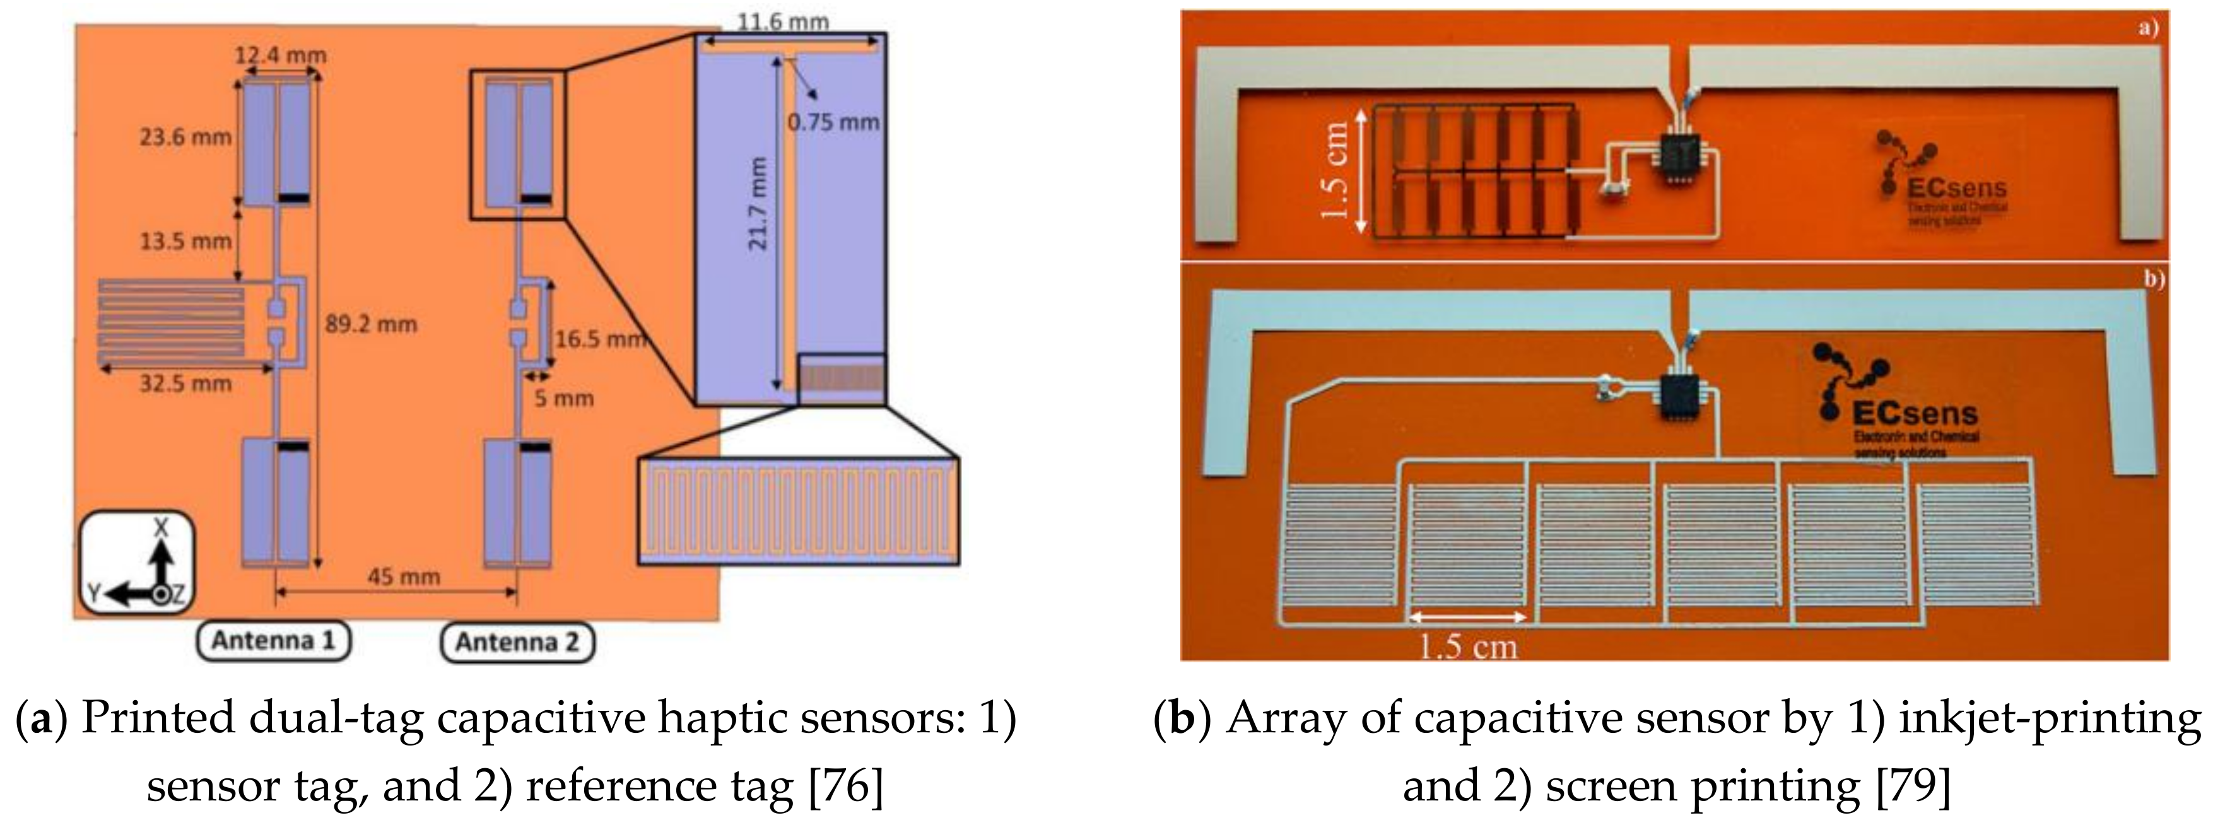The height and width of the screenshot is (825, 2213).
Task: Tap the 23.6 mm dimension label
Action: point(185,136)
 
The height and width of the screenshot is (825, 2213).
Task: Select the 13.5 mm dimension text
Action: point(185,241)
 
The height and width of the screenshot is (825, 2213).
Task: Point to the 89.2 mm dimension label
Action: point(370,324)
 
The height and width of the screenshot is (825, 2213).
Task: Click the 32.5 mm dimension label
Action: point(185,383)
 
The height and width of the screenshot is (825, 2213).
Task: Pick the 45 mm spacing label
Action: point(404,576)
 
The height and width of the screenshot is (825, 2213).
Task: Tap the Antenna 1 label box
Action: point(273,641)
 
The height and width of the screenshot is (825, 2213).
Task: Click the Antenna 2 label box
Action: point(517,643)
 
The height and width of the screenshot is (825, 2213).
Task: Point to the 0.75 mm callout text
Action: point(833,122)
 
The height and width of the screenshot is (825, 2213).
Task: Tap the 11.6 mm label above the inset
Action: point(783,21)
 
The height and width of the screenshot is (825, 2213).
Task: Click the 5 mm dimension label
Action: point(563,399)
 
